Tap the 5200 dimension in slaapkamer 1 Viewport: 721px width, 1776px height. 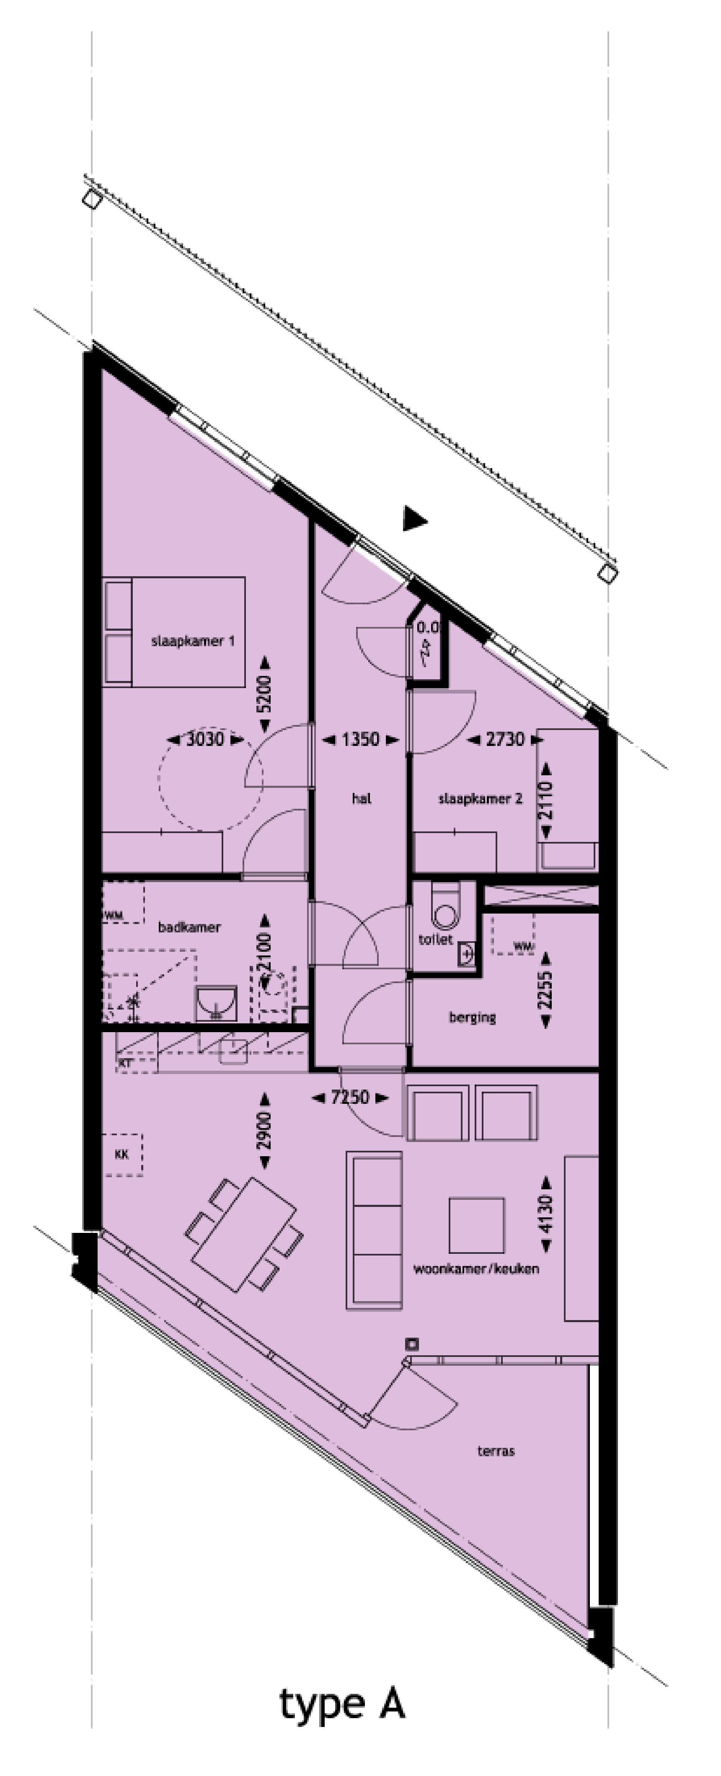coord(264,694)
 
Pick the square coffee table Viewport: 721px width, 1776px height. coord(476,1225)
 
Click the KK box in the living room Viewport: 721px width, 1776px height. coord(122,1154)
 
